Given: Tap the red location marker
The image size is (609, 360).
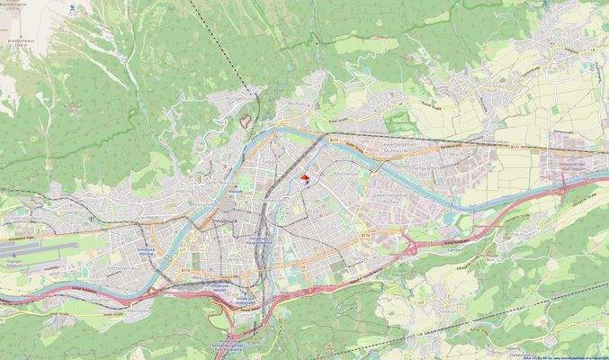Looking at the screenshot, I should pos(306,179).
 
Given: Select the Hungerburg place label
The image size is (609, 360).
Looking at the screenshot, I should pos(239,96).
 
